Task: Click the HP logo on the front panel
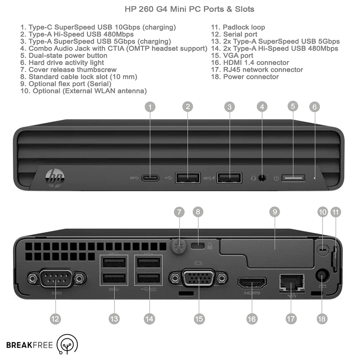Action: tap(55, 177)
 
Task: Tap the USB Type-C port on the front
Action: tap(151, 178)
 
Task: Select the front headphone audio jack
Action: tap(261, 178)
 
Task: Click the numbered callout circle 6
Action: tap(315, 107)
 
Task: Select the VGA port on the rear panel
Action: tap(198, 279)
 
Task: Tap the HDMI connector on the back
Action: tap(252, 282)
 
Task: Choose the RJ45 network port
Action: tap(292, 282)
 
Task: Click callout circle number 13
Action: tap(114, 319)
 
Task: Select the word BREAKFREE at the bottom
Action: tap(29, 345)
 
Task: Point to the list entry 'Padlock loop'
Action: tap(244, 27)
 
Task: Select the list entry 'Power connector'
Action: tap(251, 77)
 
